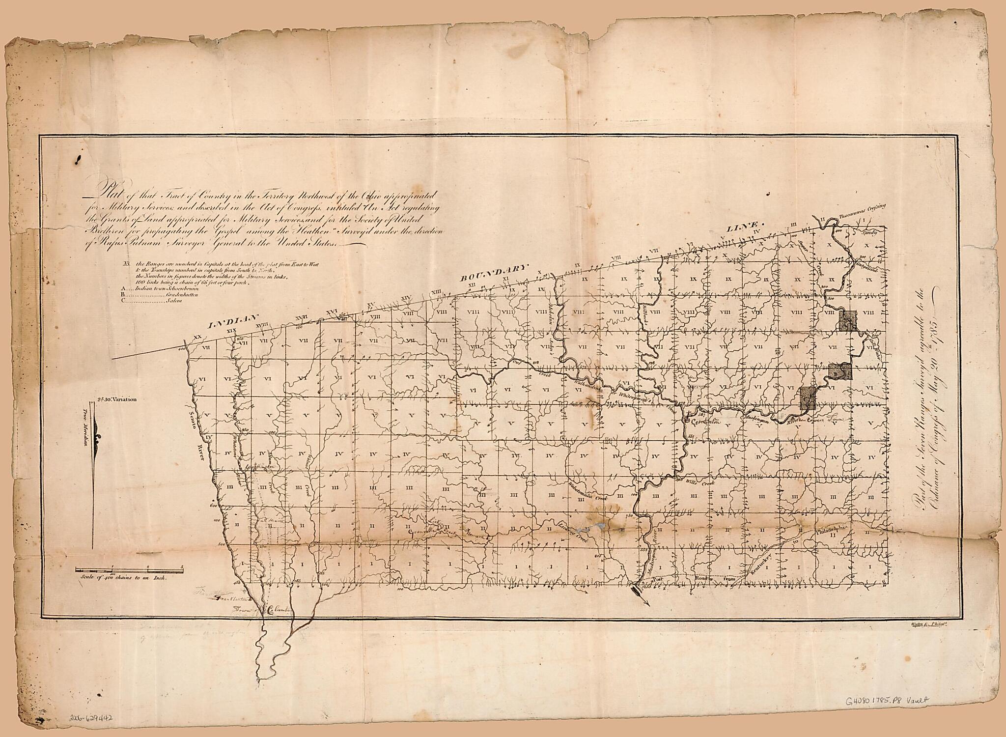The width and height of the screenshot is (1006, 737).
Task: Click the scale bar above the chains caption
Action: (x=130, y=569)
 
